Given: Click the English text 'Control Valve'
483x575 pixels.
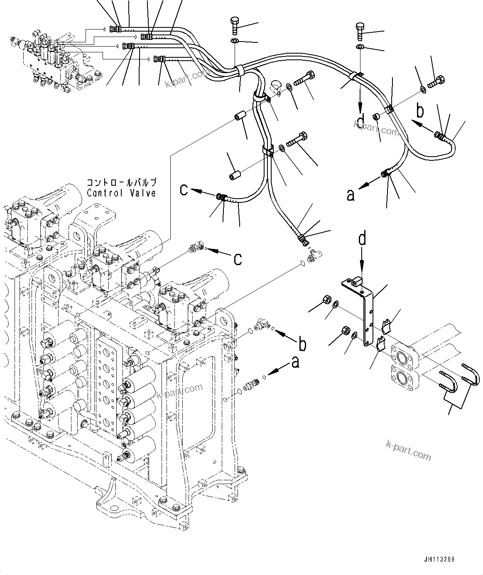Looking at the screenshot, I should tap(121, 193).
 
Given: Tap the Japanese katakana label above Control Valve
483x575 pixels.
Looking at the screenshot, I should tap(121, 182).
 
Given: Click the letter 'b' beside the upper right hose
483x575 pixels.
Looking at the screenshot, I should tap(420, 111).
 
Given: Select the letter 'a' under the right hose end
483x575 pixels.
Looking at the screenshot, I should tap(351, 195).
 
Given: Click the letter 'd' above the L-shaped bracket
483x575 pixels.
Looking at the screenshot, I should tap(363, 239).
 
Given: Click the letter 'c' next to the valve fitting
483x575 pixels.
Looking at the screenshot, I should tap(237, 258).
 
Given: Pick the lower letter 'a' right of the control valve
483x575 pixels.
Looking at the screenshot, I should tap(295, 362).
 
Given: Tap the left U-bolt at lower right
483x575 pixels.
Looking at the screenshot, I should tap(449, 382).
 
